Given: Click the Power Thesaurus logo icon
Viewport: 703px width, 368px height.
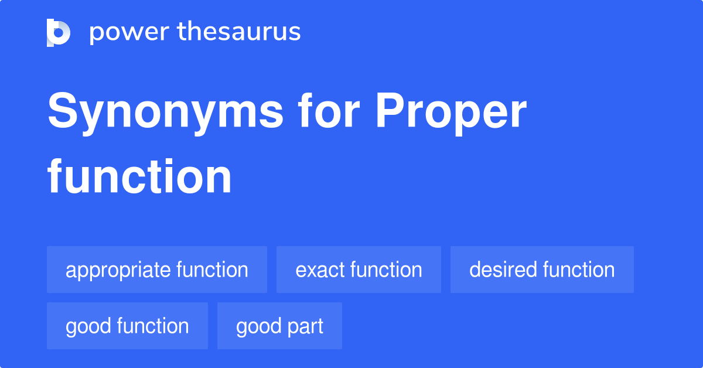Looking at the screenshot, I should [59, 32].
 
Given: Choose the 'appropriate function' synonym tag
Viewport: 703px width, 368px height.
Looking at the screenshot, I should [157, 270].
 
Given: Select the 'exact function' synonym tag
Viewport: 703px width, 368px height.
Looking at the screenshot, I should [359, 270].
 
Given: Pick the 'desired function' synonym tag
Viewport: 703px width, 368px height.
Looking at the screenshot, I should [542, 270].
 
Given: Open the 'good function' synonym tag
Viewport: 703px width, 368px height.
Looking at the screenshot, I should [127, 326].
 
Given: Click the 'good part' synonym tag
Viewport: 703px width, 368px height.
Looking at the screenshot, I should [279, 326].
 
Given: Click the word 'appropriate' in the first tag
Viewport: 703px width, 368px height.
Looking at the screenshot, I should [117, 270].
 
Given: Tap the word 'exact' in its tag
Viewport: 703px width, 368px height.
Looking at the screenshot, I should [319, 270].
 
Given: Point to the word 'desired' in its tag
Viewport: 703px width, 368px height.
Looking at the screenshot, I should [503, 270].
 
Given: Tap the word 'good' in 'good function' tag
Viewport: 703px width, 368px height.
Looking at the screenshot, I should [87, 326].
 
